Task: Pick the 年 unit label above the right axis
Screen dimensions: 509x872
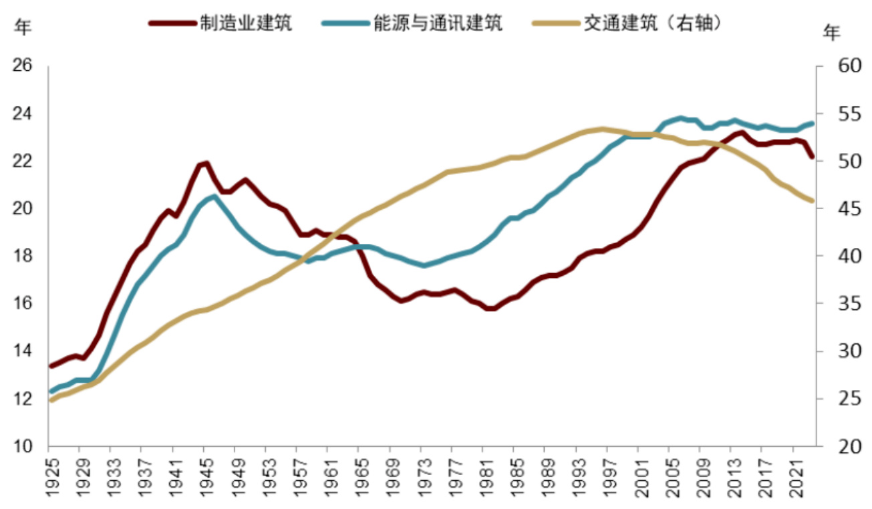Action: (832, 32)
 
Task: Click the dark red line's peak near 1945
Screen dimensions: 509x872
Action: (206, 163)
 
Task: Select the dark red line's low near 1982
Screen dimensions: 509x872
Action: (490, 309)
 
